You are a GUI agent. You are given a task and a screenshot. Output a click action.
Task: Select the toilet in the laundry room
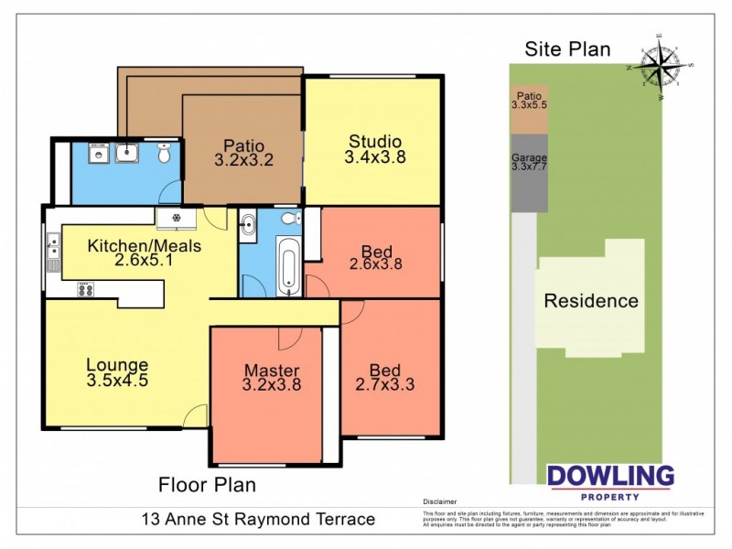165,155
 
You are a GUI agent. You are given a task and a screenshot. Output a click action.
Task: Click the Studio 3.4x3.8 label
374,149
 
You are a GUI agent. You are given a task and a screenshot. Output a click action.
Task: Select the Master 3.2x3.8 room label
272,377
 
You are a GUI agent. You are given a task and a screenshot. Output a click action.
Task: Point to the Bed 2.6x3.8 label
375,257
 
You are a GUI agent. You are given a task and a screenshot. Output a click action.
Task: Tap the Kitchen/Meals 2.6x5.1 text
144,253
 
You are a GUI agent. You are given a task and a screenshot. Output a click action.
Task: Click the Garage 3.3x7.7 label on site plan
529,162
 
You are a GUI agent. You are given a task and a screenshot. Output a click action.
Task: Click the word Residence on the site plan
591,300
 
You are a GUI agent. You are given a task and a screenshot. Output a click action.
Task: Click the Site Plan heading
566,49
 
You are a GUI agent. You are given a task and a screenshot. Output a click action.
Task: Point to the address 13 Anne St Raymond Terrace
258,519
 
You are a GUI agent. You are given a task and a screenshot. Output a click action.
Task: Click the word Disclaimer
440,502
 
